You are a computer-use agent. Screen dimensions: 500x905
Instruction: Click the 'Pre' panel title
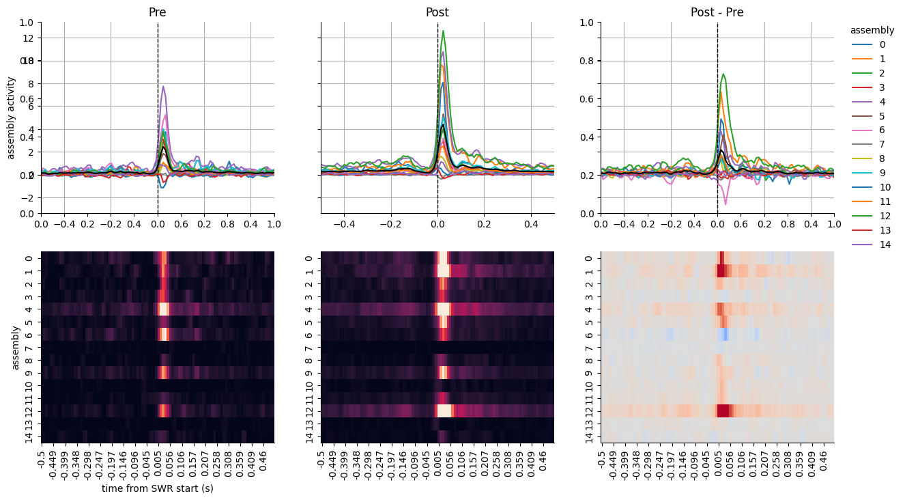tap(157, 12)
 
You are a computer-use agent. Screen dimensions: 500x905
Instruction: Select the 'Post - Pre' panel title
tap(717, 12)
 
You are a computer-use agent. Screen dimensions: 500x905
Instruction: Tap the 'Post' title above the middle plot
tap(437, 12)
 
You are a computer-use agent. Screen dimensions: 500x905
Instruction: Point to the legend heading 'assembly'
tap(872, 30)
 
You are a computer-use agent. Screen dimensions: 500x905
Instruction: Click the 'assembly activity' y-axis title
tap(11, 118)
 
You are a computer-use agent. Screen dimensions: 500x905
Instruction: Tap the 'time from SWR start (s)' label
tap(157, 488)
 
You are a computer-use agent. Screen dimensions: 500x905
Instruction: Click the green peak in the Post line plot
tap(443, 31)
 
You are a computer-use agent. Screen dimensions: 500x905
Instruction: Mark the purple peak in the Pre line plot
tap(163, 87)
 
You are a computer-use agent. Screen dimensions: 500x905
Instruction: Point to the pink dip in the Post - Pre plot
tap(726, 203)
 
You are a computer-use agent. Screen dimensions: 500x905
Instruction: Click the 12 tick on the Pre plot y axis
tap(28, 38)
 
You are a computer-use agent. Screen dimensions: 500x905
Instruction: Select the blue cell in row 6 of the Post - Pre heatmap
tap(723, 334)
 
